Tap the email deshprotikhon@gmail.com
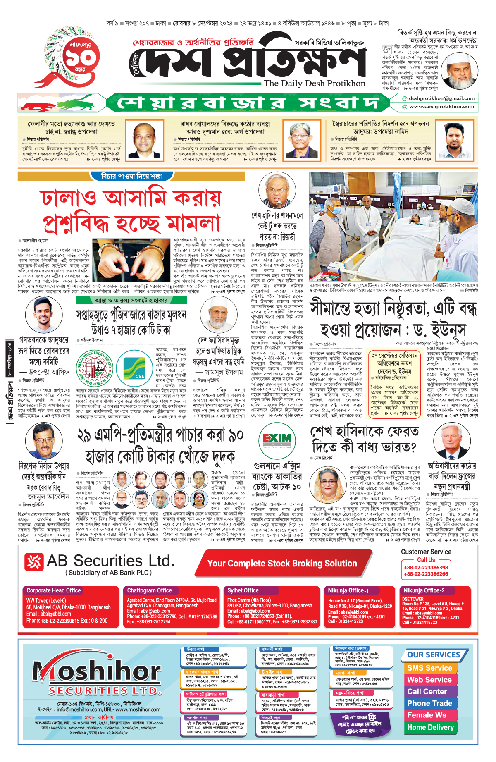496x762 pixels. pos(441,98)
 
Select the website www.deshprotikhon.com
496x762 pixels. pos(441,106)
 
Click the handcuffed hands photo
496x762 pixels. pos(131,260)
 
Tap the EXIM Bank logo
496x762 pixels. pos(277,439)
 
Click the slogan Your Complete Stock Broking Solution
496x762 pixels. pos(282,563)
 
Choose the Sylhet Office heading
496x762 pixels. pos(243,590)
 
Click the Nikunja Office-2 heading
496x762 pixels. pos(424,590)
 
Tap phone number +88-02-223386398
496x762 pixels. pos(426,568)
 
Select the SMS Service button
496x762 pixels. pos(429,668)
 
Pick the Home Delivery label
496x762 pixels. pos(430,727)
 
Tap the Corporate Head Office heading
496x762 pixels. pos(54,590)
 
